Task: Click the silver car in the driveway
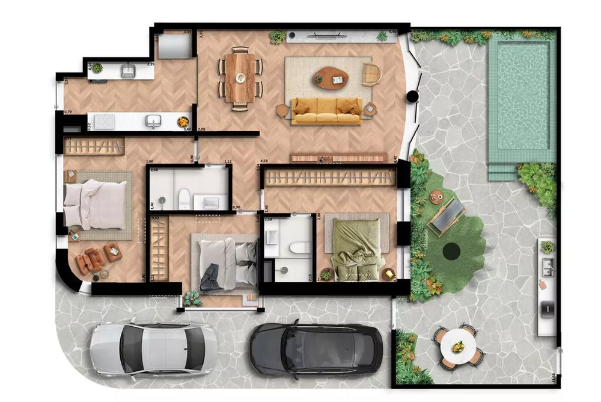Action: coord(153,348)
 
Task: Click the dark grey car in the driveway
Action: coord(316,349)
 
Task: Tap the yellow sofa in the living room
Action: coord(326,110)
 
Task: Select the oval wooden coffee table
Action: coord(331,78)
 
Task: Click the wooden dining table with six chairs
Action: coord(240,78)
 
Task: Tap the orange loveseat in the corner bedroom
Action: coord(90,260)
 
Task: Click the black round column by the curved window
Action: coord(412,96)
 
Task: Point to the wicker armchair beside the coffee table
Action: coord(371,74)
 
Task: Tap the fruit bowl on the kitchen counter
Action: coord(182,122)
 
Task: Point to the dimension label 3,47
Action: coord(188,129)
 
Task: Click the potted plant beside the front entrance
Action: coord(192,298)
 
